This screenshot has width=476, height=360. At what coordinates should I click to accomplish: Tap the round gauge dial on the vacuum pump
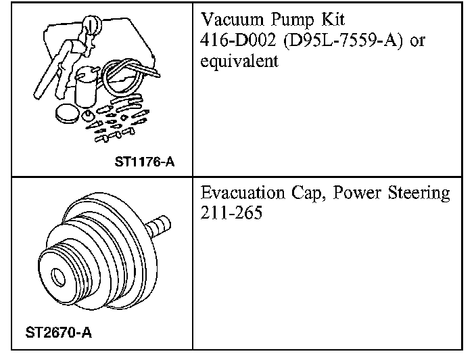89,26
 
